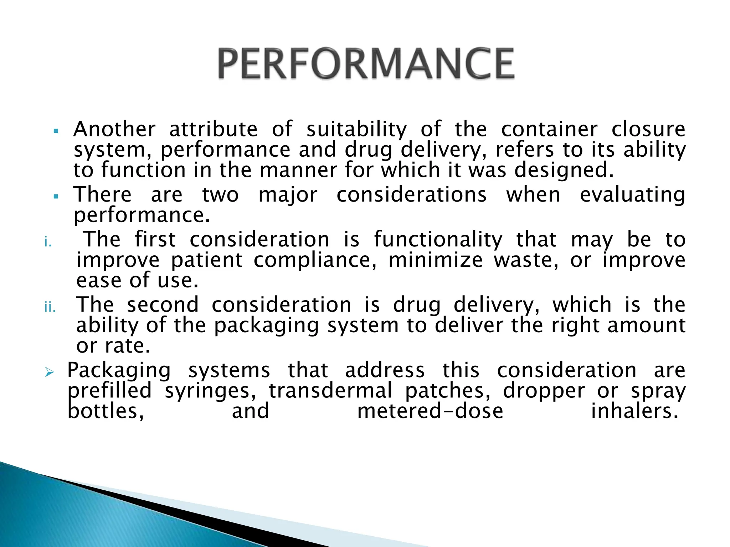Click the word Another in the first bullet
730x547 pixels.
tap(114, 129)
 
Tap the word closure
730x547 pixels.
tap(648, 129)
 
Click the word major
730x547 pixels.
tap(288, 196)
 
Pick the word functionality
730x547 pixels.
tap(438, 240)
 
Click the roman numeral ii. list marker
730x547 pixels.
tap(50, 307)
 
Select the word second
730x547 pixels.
tap(163, 305)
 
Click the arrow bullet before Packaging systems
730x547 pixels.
tap(49, 373)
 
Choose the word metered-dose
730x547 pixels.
tap(430, 411)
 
